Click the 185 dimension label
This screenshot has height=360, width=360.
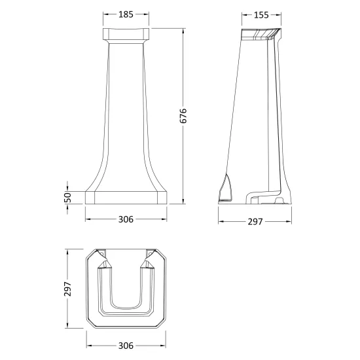(x=126, y=14)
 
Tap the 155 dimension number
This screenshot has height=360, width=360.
(x=261, y=15)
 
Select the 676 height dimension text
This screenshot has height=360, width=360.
(x=183, y=116)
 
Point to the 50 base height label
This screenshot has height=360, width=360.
(x=67, y=197)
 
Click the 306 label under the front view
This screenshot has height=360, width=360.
(x=126, y=219)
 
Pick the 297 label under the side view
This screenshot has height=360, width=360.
(x=255, y=221)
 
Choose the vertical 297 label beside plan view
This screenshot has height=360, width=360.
(x=67, y=289)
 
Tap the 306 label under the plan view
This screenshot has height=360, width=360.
(x=126, y=346)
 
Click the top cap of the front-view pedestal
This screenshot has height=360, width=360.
(x=126, y=35)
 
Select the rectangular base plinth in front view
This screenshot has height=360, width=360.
(x=126, y=198)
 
